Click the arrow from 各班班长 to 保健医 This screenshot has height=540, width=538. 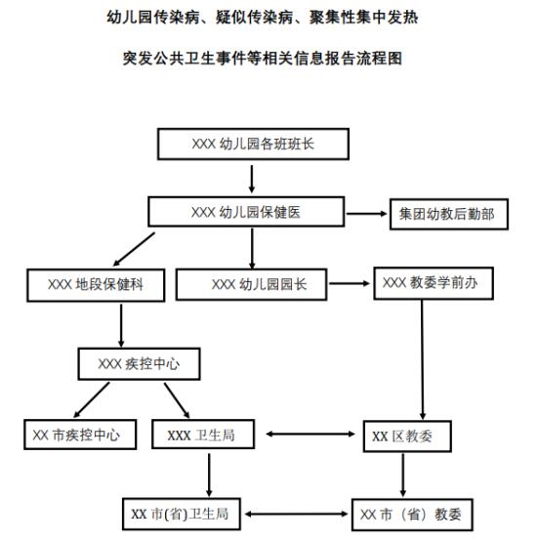[252, 179]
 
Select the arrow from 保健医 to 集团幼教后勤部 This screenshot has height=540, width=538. [366, 214]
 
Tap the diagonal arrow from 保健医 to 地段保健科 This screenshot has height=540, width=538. [134, 249]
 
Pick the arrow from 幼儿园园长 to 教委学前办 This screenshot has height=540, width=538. [349, 284]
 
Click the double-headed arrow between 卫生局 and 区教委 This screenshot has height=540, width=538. [310, 434]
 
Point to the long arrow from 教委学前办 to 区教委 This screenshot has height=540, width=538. [423, 359]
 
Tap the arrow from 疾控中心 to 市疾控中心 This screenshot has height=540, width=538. [92, 399]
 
